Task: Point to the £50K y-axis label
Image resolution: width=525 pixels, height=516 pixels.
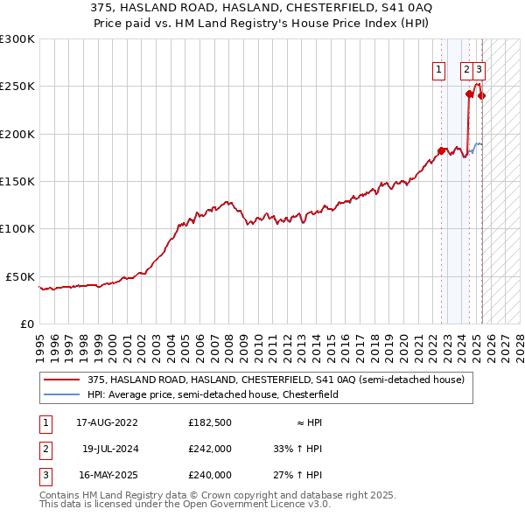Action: pyautogui.click(x=20, y=276)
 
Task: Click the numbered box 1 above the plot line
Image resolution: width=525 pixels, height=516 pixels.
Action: pyautogui.click(x=437, y=71)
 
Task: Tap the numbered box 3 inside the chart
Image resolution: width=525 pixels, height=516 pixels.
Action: pyautogui.click(x=480, y=71)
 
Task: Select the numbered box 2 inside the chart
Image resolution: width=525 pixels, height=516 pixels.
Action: pyautogui.click(x=467, y=71)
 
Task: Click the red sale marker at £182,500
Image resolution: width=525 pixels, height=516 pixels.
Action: pyautogui.click(x=441, y=150)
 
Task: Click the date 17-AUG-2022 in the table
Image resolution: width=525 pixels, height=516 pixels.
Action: pyautogui.click(x=107, y=422)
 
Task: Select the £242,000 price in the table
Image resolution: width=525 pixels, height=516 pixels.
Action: pyautogui.click(x=210, y=449)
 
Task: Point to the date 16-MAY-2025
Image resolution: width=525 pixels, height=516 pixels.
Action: pyautogui.click(x=107, y=475)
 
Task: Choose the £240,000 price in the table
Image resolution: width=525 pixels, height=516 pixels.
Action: pyautogui.click(x=210, y=475)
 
